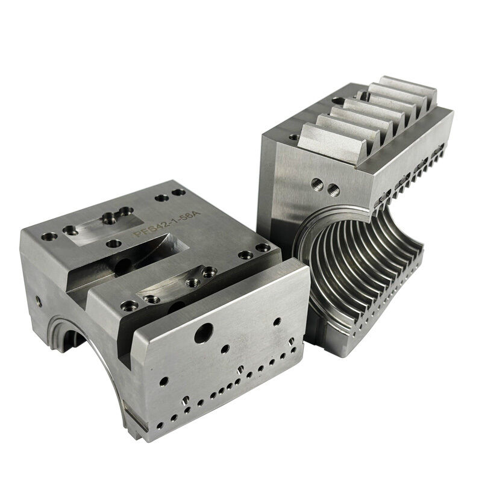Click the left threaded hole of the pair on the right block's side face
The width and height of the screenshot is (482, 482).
pos(314,182)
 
